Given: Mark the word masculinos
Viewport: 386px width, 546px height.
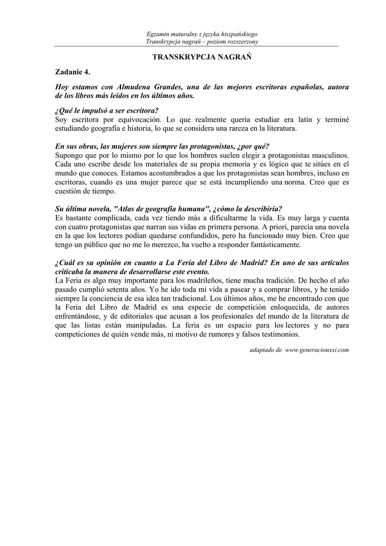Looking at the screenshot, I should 326,155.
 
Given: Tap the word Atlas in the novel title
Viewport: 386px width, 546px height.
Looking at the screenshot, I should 125,208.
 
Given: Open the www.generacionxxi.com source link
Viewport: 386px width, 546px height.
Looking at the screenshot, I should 317,350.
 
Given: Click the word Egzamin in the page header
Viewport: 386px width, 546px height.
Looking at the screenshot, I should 158,34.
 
